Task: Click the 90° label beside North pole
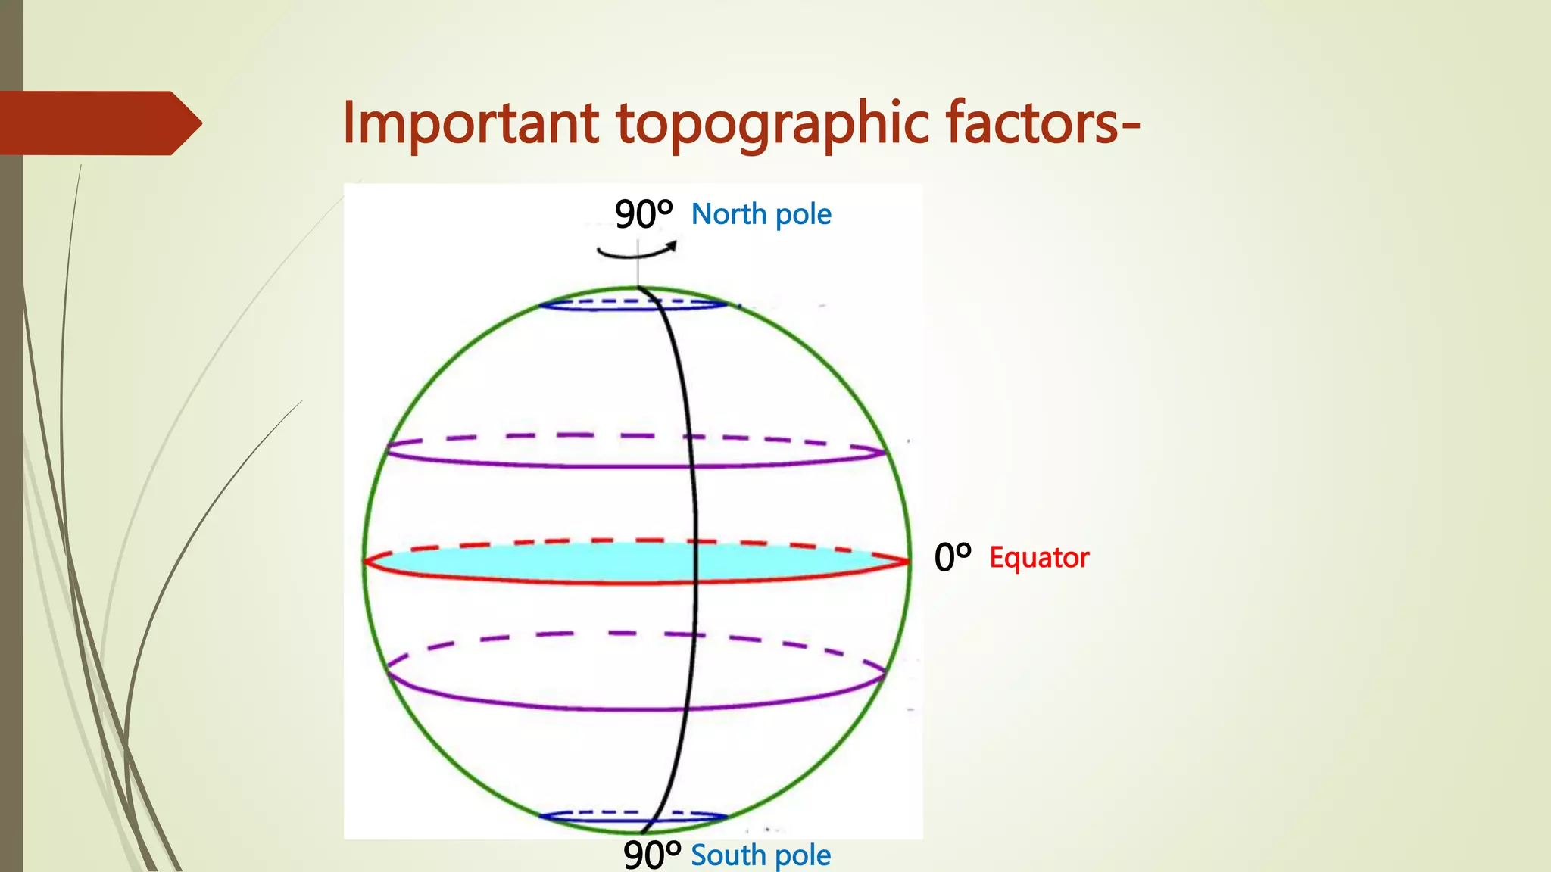[643, 214]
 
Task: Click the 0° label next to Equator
[952, 558]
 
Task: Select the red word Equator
[1039, 558]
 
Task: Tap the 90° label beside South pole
[651, 855]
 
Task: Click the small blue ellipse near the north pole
[633, 304]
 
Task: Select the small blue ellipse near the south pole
[633, 817]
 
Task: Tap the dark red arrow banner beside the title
[98, 123]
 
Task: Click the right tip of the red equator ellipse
[908, 562]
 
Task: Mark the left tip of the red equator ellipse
[366, 562]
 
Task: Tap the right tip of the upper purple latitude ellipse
[884, 453]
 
